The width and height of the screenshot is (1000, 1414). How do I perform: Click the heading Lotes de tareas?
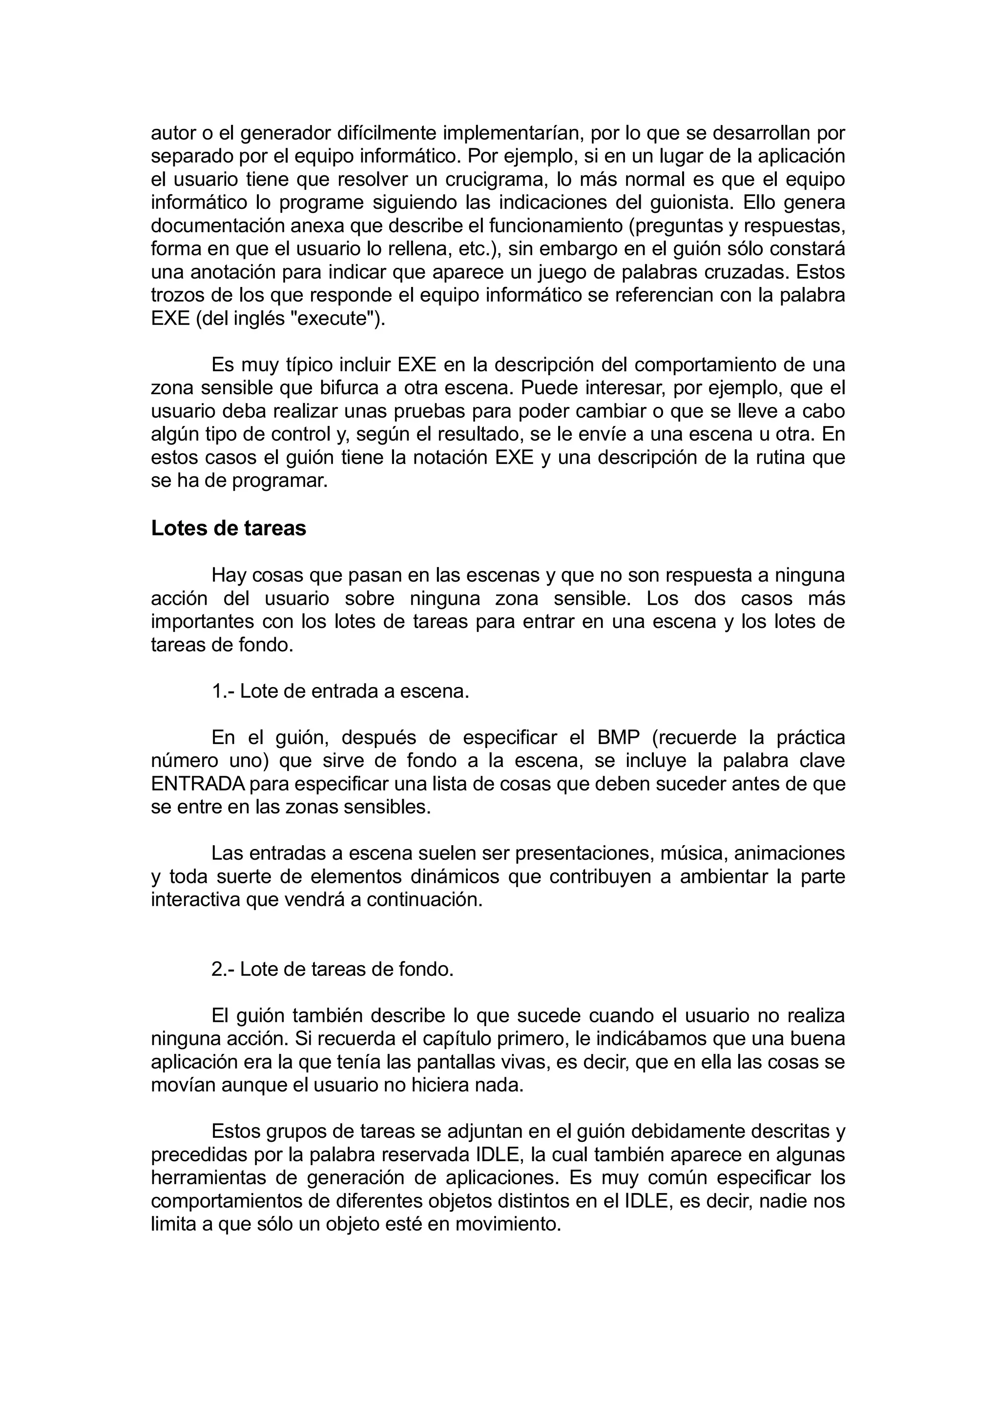tap(228, 528)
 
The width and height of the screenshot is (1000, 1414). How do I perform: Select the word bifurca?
tap(348, 388)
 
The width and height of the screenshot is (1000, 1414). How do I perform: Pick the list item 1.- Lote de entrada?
tap(340, 691)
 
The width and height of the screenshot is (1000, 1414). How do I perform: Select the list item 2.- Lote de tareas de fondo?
tap(332, 970)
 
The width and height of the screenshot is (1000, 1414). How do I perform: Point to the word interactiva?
tap(195, 900)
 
